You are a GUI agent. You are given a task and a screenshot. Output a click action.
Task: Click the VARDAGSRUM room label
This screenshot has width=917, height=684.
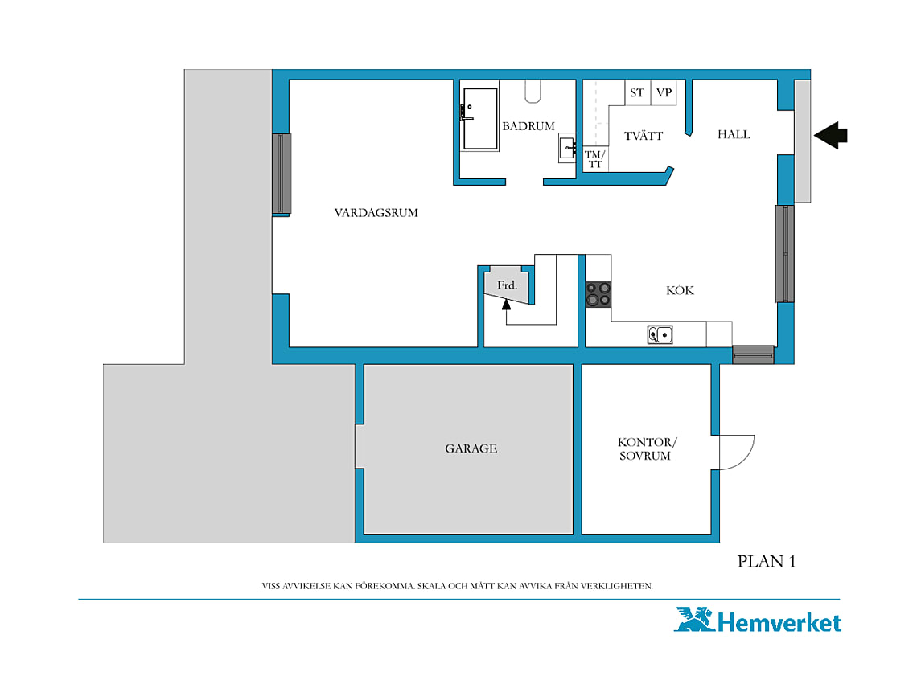(x=376, y=213)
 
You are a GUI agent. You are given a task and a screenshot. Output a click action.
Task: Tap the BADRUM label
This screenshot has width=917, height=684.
(x=528, y=126)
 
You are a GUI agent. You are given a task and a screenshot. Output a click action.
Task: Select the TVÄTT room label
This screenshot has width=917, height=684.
(x=644, y=136)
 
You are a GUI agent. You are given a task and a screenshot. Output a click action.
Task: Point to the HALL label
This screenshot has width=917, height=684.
(x=734, y=134)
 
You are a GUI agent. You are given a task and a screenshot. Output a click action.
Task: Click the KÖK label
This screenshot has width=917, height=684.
(x=681, y=290)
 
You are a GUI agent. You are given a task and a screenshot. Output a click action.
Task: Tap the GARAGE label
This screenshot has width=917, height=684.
(x=471, y=448)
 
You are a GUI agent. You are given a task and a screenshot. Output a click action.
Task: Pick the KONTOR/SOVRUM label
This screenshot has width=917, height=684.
(x=646, y=449)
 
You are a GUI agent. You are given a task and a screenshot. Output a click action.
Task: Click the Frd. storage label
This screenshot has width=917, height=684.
(x=507, y=285)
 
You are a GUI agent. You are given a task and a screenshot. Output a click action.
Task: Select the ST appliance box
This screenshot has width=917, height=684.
(x=637, y=93)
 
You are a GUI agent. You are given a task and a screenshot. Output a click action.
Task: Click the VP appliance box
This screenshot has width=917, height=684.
(x=664, y=93)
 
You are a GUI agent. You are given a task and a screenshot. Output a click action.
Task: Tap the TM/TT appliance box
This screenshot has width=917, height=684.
(x=595, y=159)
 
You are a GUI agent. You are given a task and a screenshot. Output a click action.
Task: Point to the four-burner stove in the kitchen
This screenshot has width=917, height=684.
(x=598, y=295)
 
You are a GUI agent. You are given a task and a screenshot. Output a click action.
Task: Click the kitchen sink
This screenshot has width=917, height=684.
(x=660, y=334)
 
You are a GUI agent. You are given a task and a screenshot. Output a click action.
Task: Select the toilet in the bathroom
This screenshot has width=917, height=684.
(x=533, y=92)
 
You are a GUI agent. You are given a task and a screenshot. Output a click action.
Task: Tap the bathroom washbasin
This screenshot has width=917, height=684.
(x=567, y=148)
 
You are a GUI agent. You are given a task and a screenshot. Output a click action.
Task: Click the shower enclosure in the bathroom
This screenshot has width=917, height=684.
(x=479, y=119)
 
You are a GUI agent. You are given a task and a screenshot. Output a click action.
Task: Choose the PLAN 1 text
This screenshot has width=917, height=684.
(x=766, y=562)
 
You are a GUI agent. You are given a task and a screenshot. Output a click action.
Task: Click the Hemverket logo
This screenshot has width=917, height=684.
(x=758, y=621)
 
